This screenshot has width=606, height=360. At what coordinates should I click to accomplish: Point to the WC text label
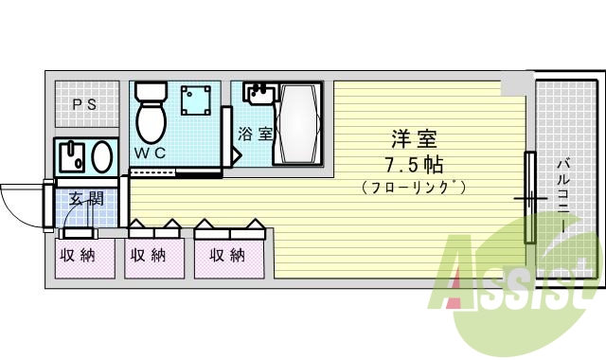(x=150, y=153)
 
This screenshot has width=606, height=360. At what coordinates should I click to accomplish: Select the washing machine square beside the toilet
(x=196, y=100)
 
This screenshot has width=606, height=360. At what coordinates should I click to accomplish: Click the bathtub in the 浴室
(x=299, y=125)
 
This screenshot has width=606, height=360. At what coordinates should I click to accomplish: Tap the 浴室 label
(x=255, y=134)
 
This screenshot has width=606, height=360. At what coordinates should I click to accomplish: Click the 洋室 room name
(x=413, y=136)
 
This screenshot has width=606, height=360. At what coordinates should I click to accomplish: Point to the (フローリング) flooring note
(x=413, y=187)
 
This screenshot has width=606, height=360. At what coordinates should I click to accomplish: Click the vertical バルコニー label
(x=561, y=199)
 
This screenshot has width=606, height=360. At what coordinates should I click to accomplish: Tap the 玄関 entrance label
(x=85, y=199)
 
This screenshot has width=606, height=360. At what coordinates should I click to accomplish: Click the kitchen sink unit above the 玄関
(x=84, y=154)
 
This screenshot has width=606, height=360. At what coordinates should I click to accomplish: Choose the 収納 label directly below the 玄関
(x=78, y=255)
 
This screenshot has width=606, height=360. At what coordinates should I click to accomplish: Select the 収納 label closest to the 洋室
(x=228, y=255)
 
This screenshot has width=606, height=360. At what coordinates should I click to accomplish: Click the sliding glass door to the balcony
(x=530, y=198)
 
